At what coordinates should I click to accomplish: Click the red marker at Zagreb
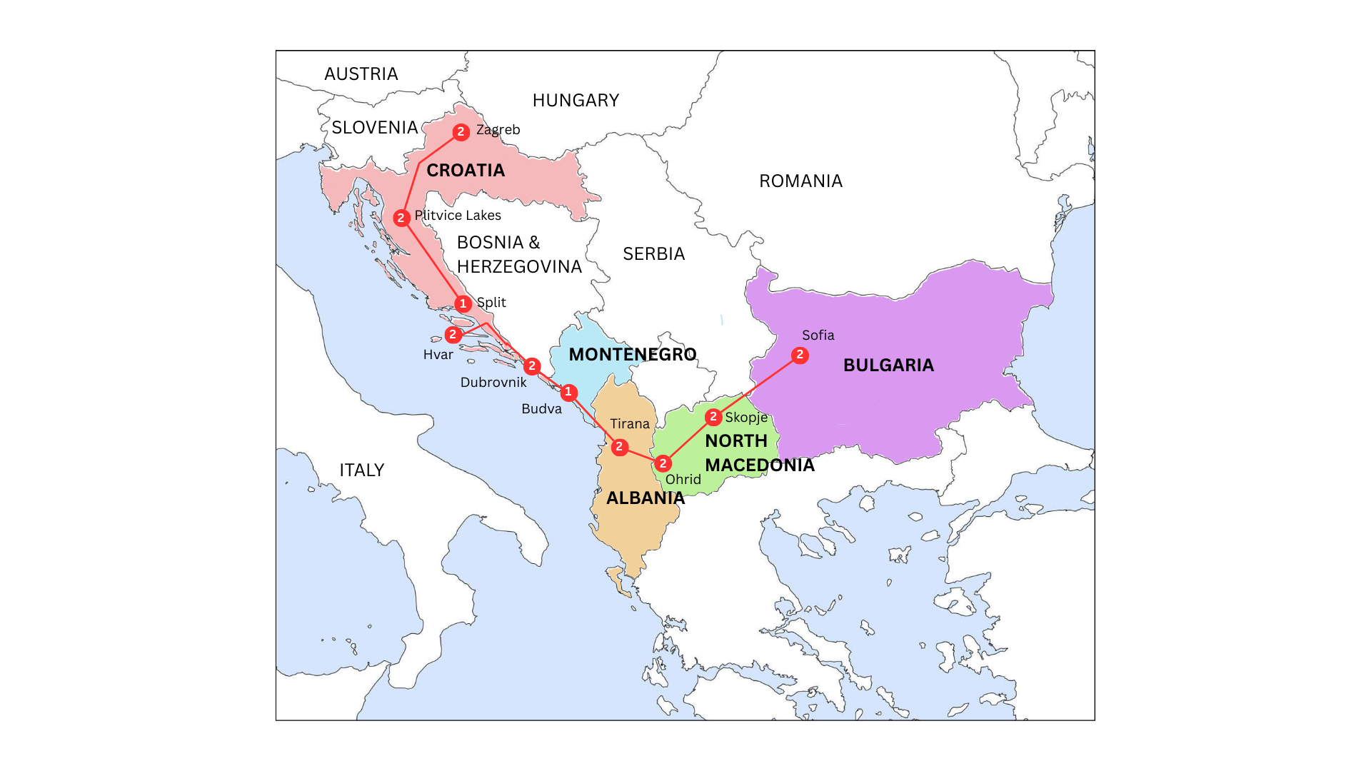coord(461,132)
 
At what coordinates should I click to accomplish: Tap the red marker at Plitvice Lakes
coord(401,218)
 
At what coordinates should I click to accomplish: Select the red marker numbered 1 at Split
coord(463,304)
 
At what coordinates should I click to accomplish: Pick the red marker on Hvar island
coord(453,334)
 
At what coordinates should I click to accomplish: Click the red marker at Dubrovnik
coord(532,366)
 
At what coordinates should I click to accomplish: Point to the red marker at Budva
coord(569,393)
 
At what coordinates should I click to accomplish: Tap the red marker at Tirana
coord(620,447)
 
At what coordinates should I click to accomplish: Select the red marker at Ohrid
coord(663,463)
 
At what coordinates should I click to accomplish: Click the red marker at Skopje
coord(713,417)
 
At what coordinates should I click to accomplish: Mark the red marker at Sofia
coord(800,355)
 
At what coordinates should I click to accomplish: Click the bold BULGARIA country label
coord(888,366)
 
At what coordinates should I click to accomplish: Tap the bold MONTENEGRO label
coord(633,355)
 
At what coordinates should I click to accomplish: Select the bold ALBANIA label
coord(646,498)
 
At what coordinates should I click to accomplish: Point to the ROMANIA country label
coord(800,181)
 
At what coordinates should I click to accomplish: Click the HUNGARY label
coord(576,101)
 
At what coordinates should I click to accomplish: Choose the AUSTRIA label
coord(361,74)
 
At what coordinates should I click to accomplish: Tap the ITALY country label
coord(362,470)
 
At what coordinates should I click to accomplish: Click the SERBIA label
coord(653,254)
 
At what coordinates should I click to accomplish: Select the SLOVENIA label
coord(375,128)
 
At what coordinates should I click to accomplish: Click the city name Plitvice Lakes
coord(458,216)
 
